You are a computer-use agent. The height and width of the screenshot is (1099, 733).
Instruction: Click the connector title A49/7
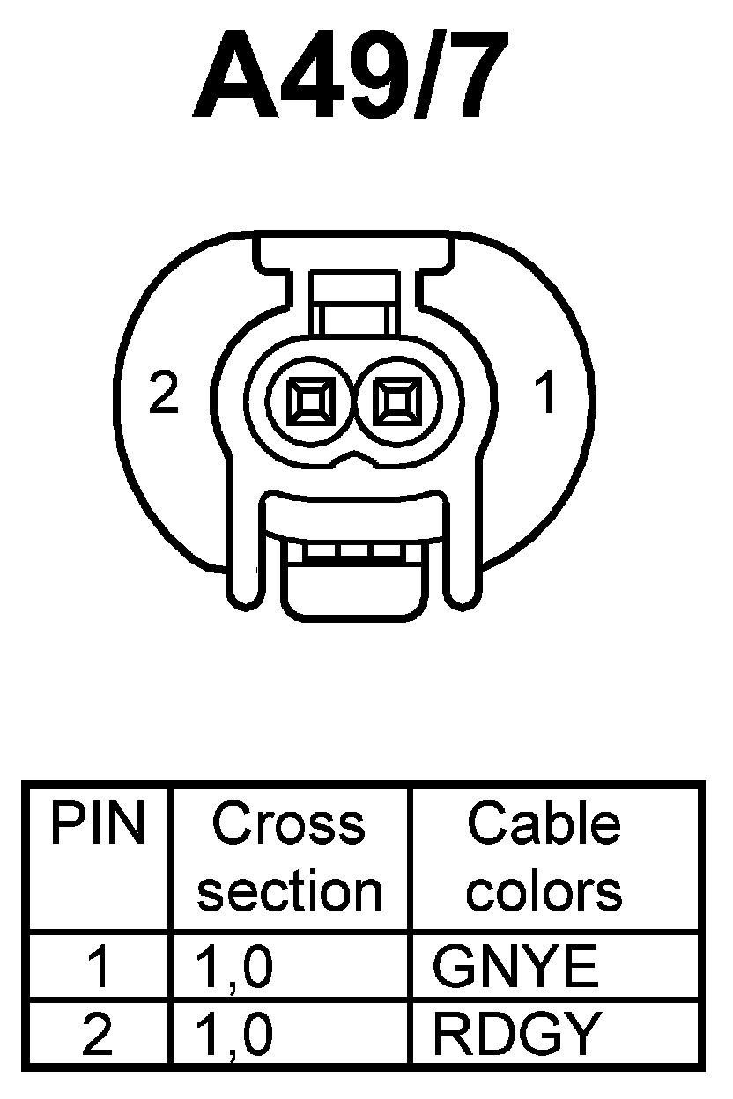coord(351,77)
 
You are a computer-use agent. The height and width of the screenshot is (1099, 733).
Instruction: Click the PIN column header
coord(98,824)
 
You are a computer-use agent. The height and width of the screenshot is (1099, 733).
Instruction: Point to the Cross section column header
coord(290,857)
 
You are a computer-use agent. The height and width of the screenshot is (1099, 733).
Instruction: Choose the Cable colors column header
coord(544,857)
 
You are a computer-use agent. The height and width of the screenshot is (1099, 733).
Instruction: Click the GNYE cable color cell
coord(515,967)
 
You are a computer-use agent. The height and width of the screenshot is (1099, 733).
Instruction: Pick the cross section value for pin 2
coord(233,1034)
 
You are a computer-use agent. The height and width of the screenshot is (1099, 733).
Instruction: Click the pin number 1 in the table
coord(98,967)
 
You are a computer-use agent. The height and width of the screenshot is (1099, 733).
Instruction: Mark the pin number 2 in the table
coord(98,1034)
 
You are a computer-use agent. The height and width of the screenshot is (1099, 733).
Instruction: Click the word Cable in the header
coord(544,824)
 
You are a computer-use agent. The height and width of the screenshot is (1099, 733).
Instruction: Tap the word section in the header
coord(290,891)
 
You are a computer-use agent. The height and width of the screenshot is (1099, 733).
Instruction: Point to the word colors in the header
coord(544,891)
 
